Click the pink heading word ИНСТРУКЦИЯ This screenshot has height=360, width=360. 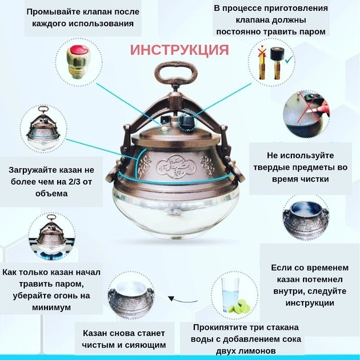pyautogui.click(x=179, y=49)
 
